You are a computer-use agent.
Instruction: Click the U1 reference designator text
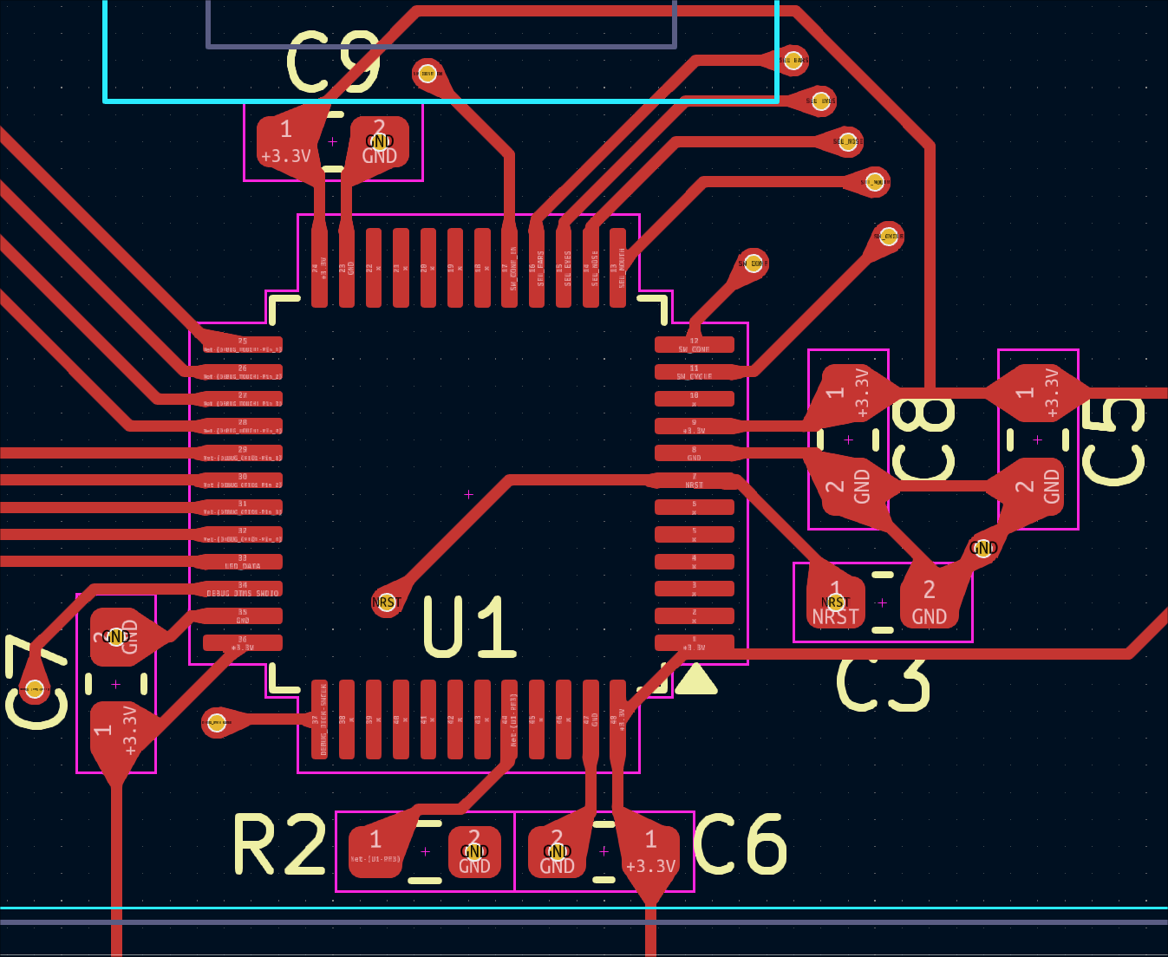(x=469, y=627)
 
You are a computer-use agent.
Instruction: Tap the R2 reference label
(x=280, y=845)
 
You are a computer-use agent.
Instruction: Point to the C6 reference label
(x=740, y=845)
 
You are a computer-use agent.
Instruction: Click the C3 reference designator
(x=883, y=682)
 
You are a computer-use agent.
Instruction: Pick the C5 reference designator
(x=1113, y=441)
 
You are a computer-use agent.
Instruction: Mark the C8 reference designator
(x=923, y=439)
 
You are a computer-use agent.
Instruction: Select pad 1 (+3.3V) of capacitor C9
(x=286, y=141)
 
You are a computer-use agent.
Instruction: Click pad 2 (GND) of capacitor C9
(x=379, y=141)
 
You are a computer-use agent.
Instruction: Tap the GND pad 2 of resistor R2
(x=474, y=851)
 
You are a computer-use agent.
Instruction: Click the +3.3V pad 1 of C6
(x=650, y=851)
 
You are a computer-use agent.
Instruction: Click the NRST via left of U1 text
(x=386, y=602)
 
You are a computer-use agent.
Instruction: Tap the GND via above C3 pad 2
(x=983, y=548)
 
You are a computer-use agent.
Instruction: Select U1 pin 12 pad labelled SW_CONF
(x=694, y=345)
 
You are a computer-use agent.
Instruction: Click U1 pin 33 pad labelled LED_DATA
(x=243, y=562)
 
